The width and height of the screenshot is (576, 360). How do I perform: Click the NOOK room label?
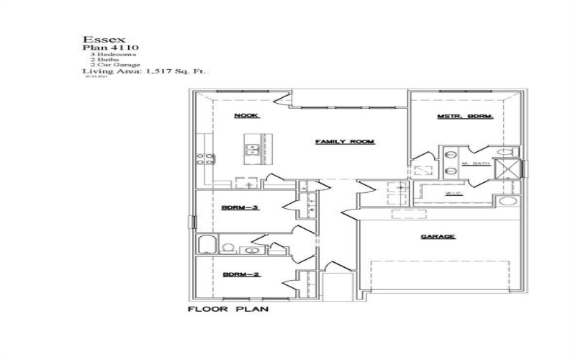(246, 116)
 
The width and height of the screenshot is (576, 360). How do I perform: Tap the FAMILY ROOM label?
(345, 142)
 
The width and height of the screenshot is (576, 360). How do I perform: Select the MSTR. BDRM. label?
(464, 117)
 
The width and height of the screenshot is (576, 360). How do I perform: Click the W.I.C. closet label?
(454, 193)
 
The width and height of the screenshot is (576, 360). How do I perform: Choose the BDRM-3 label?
(240, 208)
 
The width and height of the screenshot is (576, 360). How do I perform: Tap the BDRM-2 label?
(240, 274)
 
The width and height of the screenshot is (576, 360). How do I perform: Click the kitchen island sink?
(253, 150)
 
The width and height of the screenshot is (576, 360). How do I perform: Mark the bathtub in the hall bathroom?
(205, 245)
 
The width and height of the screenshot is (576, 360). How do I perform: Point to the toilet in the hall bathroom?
(228, 248)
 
